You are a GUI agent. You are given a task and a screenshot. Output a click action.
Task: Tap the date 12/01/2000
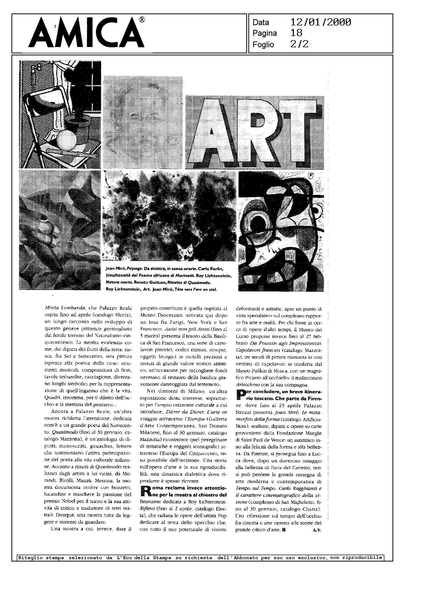click(321, 22)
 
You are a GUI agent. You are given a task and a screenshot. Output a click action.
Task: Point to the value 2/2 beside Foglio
click(299, 44)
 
